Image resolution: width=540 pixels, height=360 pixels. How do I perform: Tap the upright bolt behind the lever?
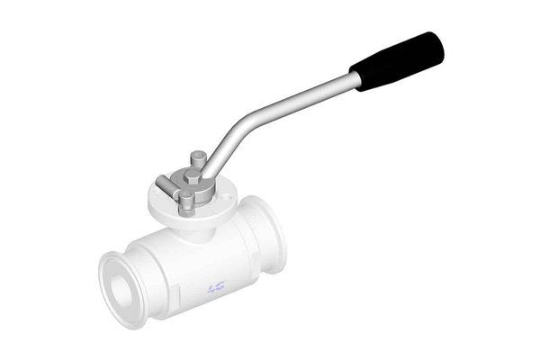coord(195,159)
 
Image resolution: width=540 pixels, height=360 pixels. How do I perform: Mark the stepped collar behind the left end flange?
coord(135,270)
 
